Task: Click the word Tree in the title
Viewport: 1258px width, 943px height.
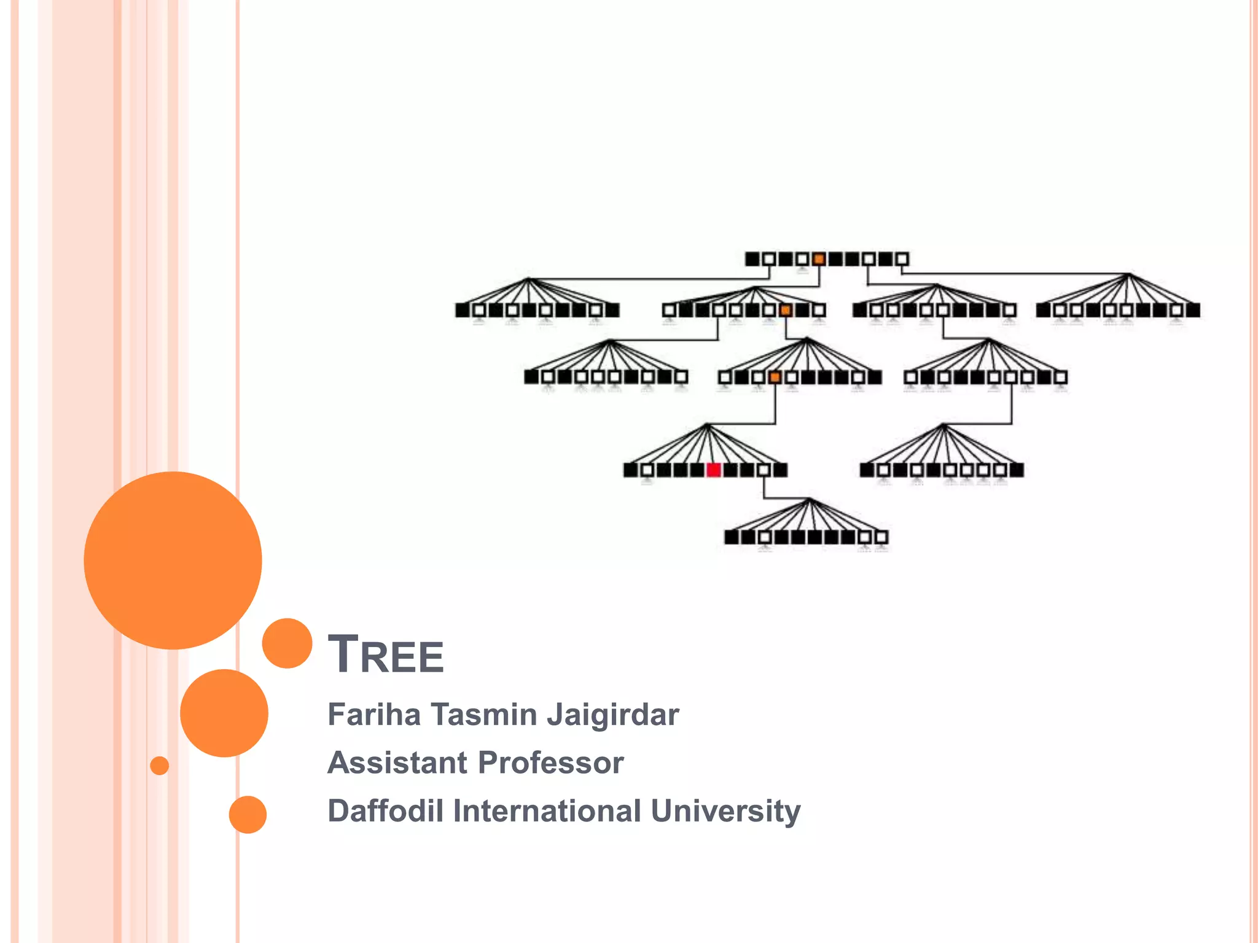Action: pyautogui.click(x=386, y=654)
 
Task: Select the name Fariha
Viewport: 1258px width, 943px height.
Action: pyautogui.click(x=374, y=715)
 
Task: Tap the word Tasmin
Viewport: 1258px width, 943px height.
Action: pyautogui.click(x=483, y=715)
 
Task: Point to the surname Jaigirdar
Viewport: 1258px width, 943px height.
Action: pyautogui.click(x=612, y=715)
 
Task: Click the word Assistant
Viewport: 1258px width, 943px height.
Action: pyautogui.click(x=397, y=763)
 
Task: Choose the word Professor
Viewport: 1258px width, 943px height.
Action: pyautogui.click(x=550, y=763)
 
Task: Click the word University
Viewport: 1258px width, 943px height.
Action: pyautogui.click(x=725, y=811)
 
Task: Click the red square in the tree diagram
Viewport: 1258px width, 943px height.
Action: pyautogui.click(x=713, y=470)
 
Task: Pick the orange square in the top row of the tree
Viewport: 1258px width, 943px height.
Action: pyautogui.click(x=819, y=259)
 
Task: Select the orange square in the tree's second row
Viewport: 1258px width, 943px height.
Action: pyautogui.click(x=786, y=311)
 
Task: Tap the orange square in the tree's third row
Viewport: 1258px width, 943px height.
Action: pyautogui.click(x=775, y=377)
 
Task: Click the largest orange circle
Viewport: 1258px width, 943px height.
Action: pyautogui.click(x=173, y=560)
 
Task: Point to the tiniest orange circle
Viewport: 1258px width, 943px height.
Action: pyautogui.click(x=160, y=766)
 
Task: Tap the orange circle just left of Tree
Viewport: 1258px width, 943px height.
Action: pyautogui.click(x=287, y=643)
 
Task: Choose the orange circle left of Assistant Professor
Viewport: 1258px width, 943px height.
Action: pyautogui.click(x=224, y=713)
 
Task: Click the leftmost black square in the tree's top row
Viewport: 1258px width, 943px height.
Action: pyautogui.click(x=752, y=259)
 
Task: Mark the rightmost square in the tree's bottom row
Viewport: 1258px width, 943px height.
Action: pyautogui.click(x=881, y=538)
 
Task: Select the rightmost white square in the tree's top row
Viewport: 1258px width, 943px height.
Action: pyautogui.click(x=902, y=259)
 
